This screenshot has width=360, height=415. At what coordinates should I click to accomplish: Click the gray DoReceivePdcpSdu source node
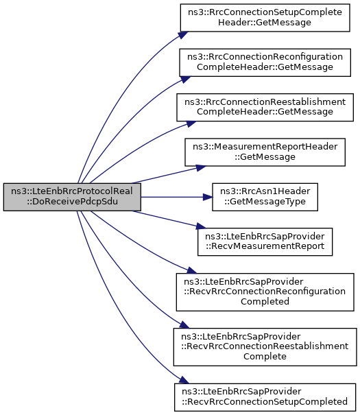(x=72, y=197)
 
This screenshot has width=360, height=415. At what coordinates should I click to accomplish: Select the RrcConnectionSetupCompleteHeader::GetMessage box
(x=265, y=18)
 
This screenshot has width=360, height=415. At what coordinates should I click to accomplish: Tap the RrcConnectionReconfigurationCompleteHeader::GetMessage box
(x=265, y=62)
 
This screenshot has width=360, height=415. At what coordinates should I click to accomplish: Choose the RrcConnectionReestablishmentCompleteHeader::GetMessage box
(x=265, y=107)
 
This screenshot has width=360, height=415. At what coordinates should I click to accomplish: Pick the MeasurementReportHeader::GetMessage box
(x=265, y=152)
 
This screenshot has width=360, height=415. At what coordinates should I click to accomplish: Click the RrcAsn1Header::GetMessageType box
(x=265, y=197)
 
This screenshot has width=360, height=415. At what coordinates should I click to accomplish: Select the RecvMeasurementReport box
(x=265, y=241)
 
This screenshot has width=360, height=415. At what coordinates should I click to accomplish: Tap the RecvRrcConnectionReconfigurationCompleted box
(x=265, y=292)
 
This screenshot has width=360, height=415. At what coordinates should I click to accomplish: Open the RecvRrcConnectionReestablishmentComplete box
(x=265, y=347)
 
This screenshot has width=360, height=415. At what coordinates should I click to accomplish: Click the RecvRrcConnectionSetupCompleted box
(x=265, y=397)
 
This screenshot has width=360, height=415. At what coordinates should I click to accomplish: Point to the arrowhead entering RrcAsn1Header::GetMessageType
(x=208, y=197)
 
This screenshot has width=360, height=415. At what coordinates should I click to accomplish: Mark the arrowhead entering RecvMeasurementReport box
(x=201, y=226)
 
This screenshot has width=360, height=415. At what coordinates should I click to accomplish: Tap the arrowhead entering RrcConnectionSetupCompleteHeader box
(x=183, y=35)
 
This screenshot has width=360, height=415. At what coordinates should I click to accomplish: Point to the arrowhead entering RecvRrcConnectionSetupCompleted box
(x=184, y=381)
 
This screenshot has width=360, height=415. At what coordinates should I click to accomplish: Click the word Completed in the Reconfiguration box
(x=265, y=301)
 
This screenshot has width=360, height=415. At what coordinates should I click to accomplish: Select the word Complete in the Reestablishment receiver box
(x=265, y=356)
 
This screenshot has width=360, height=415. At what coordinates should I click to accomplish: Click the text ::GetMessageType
(x=265, y=202)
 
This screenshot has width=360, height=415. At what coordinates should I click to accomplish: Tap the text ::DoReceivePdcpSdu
(x=72, y=202)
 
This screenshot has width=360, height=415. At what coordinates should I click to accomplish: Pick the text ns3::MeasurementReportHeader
(x=265, y=147)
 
